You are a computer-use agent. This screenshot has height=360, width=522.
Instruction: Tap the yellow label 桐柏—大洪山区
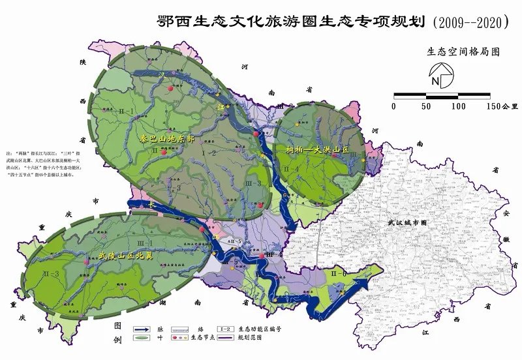coord(316,149)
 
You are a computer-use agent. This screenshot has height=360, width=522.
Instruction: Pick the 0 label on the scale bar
coord(394,106)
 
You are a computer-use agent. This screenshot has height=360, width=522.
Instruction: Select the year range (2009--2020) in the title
coord(470,22)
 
